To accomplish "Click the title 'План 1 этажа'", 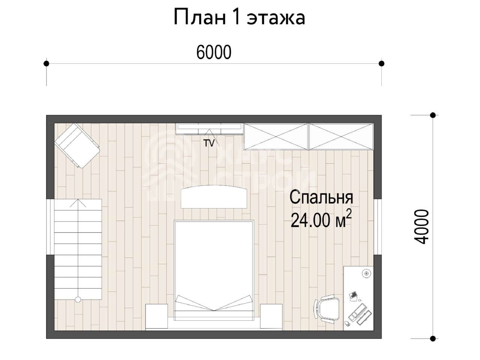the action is coord(239,18).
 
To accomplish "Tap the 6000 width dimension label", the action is coord(214,52).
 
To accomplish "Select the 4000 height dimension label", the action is coord(421,226).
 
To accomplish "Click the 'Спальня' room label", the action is coord(321,197).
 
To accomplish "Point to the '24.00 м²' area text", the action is coord(321,219).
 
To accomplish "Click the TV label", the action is coord(209,143).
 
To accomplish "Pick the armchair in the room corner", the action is coord(77,145).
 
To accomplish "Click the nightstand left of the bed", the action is coord(157,316).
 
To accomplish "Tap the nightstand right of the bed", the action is coord(271,316).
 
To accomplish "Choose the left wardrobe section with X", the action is coord(276,136).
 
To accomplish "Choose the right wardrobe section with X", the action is coord(341,136).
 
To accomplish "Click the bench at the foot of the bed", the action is coord(214,197).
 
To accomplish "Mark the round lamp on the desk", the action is coord(366,273).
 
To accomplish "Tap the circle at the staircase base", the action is coord(78,300).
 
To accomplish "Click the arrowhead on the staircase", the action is coord(78,203).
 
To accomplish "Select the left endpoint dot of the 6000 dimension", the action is coord(46,64).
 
